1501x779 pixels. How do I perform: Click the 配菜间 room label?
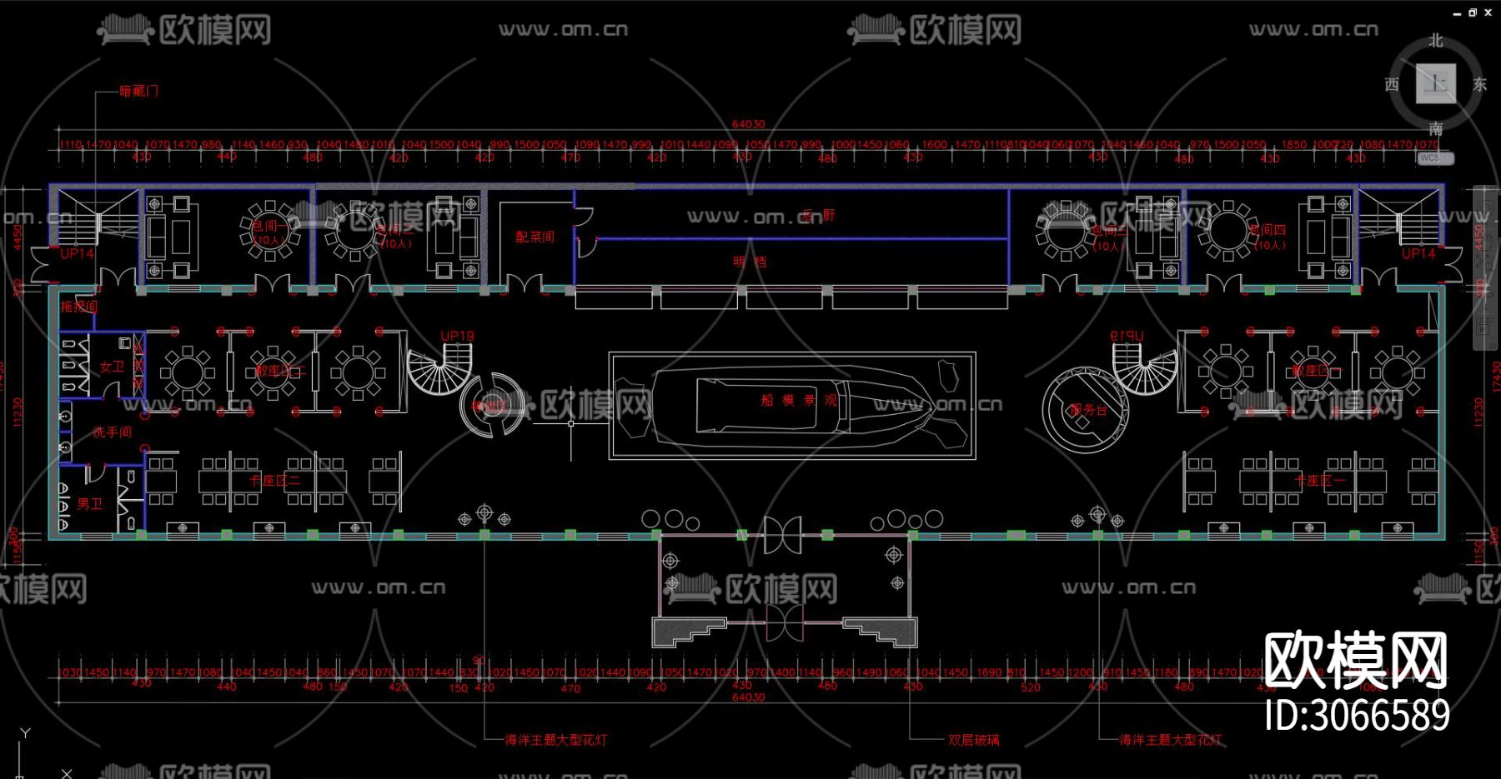click(535, 237)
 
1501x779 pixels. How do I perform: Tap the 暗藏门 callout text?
click(138, 91)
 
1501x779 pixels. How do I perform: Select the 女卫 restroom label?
click(112, 367)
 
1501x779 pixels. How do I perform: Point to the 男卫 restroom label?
click(89, 504)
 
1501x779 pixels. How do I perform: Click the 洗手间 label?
click(112, 432)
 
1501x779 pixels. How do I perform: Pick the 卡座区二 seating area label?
click(274, 481)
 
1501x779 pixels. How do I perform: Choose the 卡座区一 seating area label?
click(1319, 481)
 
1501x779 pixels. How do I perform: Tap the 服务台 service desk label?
click(1087, 410)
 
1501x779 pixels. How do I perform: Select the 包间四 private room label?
click(1268, 230)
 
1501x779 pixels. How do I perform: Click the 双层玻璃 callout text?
click(973, 740)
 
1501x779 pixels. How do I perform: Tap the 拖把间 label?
click(79, 307)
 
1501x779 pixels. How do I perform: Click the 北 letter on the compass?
click(1435, 41)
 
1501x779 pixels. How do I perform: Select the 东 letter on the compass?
click(1479, 84)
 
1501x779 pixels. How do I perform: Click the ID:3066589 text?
click(1357, 716)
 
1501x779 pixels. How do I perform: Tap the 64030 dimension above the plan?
click(748, 124)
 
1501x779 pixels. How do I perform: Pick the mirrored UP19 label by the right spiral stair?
click(1127, 336)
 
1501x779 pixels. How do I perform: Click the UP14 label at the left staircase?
click(77, 253)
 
